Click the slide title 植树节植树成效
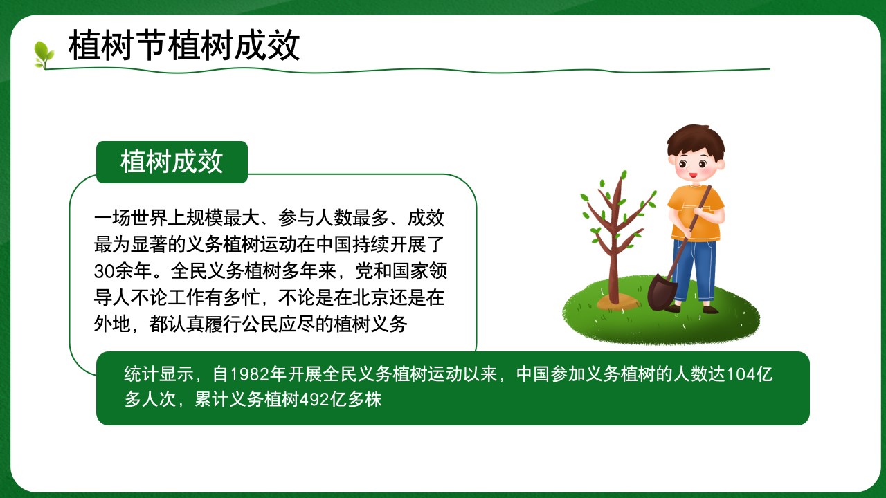(x=184, y=46)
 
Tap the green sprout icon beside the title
(x=44, y=55)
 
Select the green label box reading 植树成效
(x=172, y=162)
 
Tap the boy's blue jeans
(x=694, y=270)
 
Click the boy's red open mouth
(x=693, y=174)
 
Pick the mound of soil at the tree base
(x=618, y=302)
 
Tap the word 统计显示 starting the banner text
(x=159, y=374)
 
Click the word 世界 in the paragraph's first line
(x=149, y=218)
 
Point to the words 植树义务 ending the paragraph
(x=370, y=324)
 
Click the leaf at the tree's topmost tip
(x=624, y=175)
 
